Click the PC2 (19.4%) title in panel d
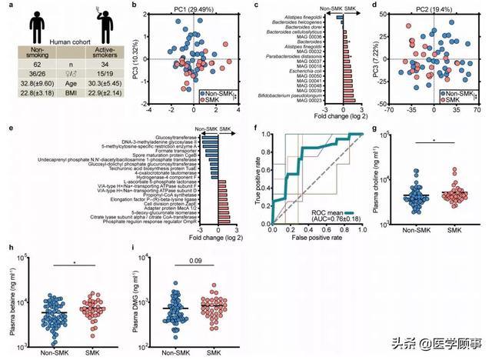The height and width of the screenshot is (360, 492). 433,8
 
